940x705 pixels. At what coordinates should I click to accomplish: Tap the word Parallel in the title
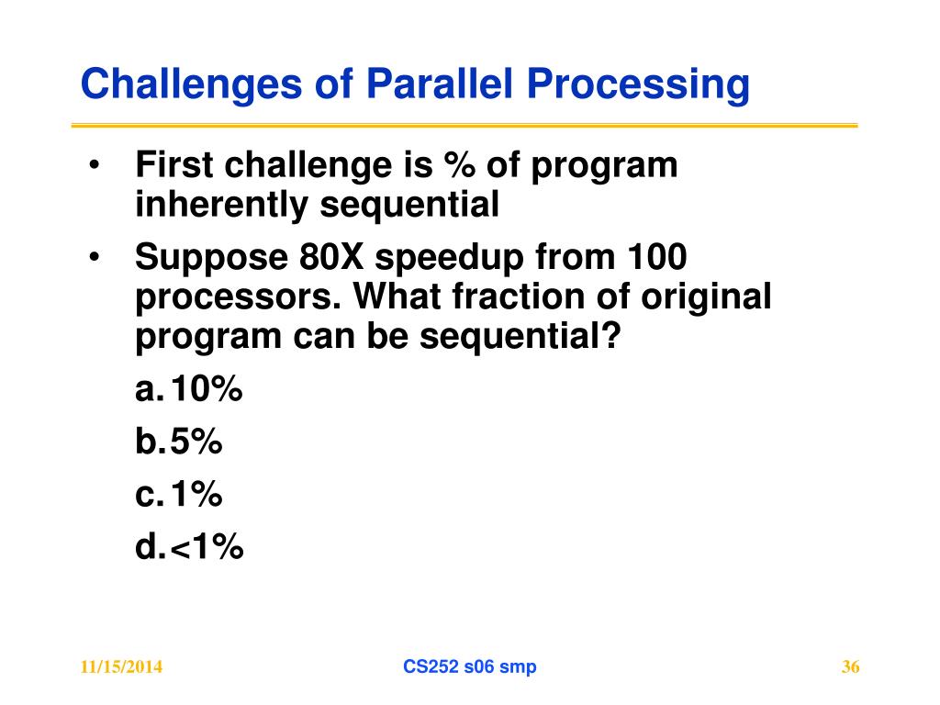click(x=440, y=83)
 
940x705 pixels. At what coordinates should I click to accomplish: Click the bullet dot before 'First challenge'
click(x=94, y=164)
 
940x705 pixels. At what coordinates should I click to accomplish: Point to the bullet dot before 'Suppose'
click(x=94, y=257)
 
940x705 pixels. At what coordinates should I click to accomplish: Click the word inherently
click(x=221, y=205)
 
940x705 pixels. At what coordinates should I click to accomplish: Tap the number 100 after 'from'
click(x=657, y=257)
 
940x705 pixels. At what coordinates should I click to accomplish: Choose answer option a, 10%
click(x=189, y=388)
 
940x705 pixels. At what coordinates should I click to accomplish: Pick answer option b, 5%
click(x=179, y=442)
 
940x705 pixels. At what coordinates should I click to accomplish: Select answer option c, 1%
click(x=179, y=494)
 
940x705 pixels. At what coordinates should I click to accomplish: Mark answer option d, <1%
click(x=189, y=547)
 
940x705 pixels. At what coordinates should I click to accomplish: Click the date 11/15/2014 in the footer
click(x=121, y=666)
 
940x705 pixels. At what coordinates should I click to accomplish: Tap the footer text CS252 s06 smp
click(x=470, y=666)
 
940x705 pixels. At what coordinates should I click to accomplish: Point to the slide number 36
click(x=851, y=666)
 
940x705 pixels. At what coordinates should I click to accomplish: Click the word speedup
click(x=450, y=259)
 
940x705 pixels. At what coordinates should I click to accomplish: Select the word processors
click(x=239, y=298)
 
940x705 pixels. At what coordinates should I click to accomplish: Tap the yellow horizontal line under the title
click(x=464, y=125)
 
